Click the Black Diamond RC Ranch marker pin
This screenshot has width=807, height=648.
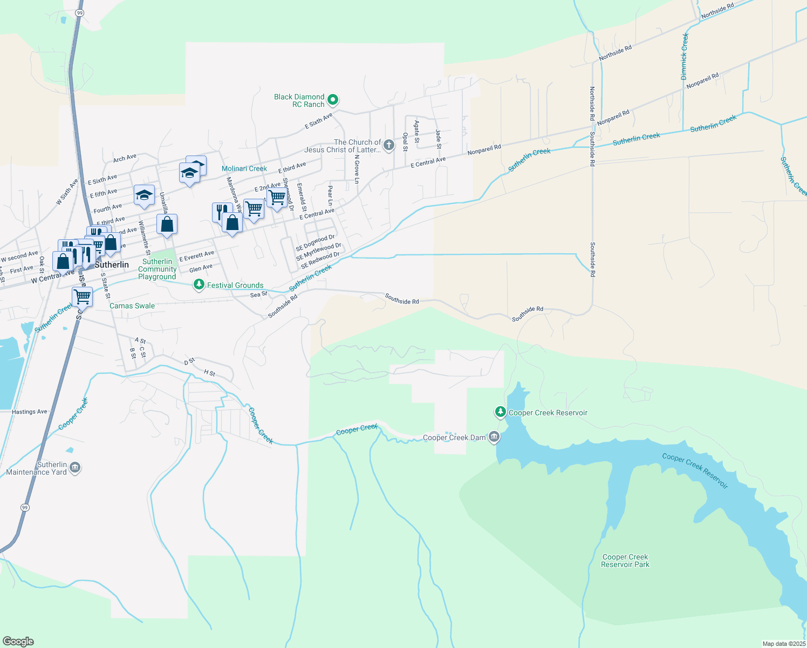[x=333, y=99]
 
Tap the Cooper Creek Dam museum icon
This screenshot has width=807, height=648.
[x=494, y=437]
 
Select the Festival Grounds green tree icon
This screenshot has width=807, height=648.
[x=199, y=285]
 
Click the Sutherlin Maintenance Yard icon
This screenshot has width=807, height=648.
[x=75, y=467]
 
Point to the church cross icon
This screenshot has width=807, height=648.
[x=388, y=145]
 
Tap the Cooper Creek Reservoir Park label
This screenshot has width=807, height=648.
[x=625, y=561]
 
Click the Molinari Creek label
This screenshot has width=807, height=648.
[x=244, y=168]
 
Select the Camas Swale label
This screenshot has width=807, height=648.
[x=132, y=306]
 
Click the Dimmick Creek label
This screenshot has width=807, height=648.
[x=685, y=57]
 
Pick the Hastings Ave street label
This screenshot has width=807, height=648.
[x=30, y=411]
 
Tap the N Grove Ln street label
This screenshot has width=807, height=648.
[x=357, y=170]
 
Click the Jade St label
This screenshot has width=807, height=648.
[x=439, y=139]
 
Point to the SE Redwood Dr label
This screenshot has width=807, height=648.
[x=320, y=260]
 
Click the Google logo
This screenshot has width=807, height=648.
[x=18, y=642]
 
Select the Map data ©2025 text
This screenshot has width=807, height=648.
[x=784, y=644]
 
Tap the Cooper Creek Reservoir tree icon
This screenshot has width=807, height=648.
[x=501, y=413]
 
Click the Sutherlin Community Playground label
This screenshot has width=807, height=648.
[x=157, y=269]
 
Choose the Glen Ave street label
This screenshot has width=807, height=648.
[x=201, y=268]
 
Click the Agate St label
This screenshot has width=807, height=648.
[x=416, y=132]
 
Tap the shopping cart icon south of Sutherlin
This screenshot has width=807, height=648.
[x=82, y=296]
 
